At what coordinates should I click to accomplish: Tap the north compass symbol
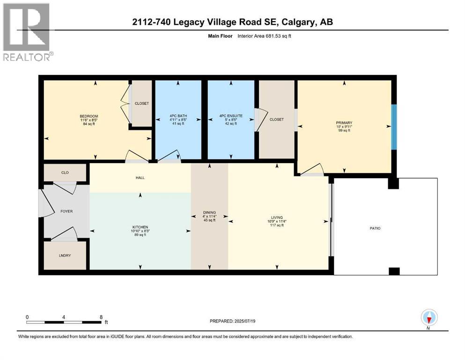[429, 318]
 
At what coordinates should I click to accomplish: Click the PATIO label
[374, 228]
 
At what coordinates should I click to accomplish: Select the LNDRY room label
[65, 256]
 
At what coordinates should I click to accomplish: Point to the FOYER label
[66, 211]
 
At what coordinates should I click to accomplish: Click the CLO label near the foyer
[65, 173]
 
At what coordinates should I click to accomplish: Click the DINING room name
[209, 212]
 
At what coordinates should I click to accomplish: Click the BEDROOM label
[89, 116]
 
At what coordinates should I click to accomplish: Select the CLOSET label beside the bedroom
[141, 103]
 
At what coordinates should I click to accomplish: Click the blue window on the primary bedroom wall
[394, 127]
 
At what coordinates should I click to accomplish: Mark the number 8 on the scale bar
[101, 317]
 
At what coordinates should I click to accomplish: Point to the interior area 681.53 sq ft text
[272, 36]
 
